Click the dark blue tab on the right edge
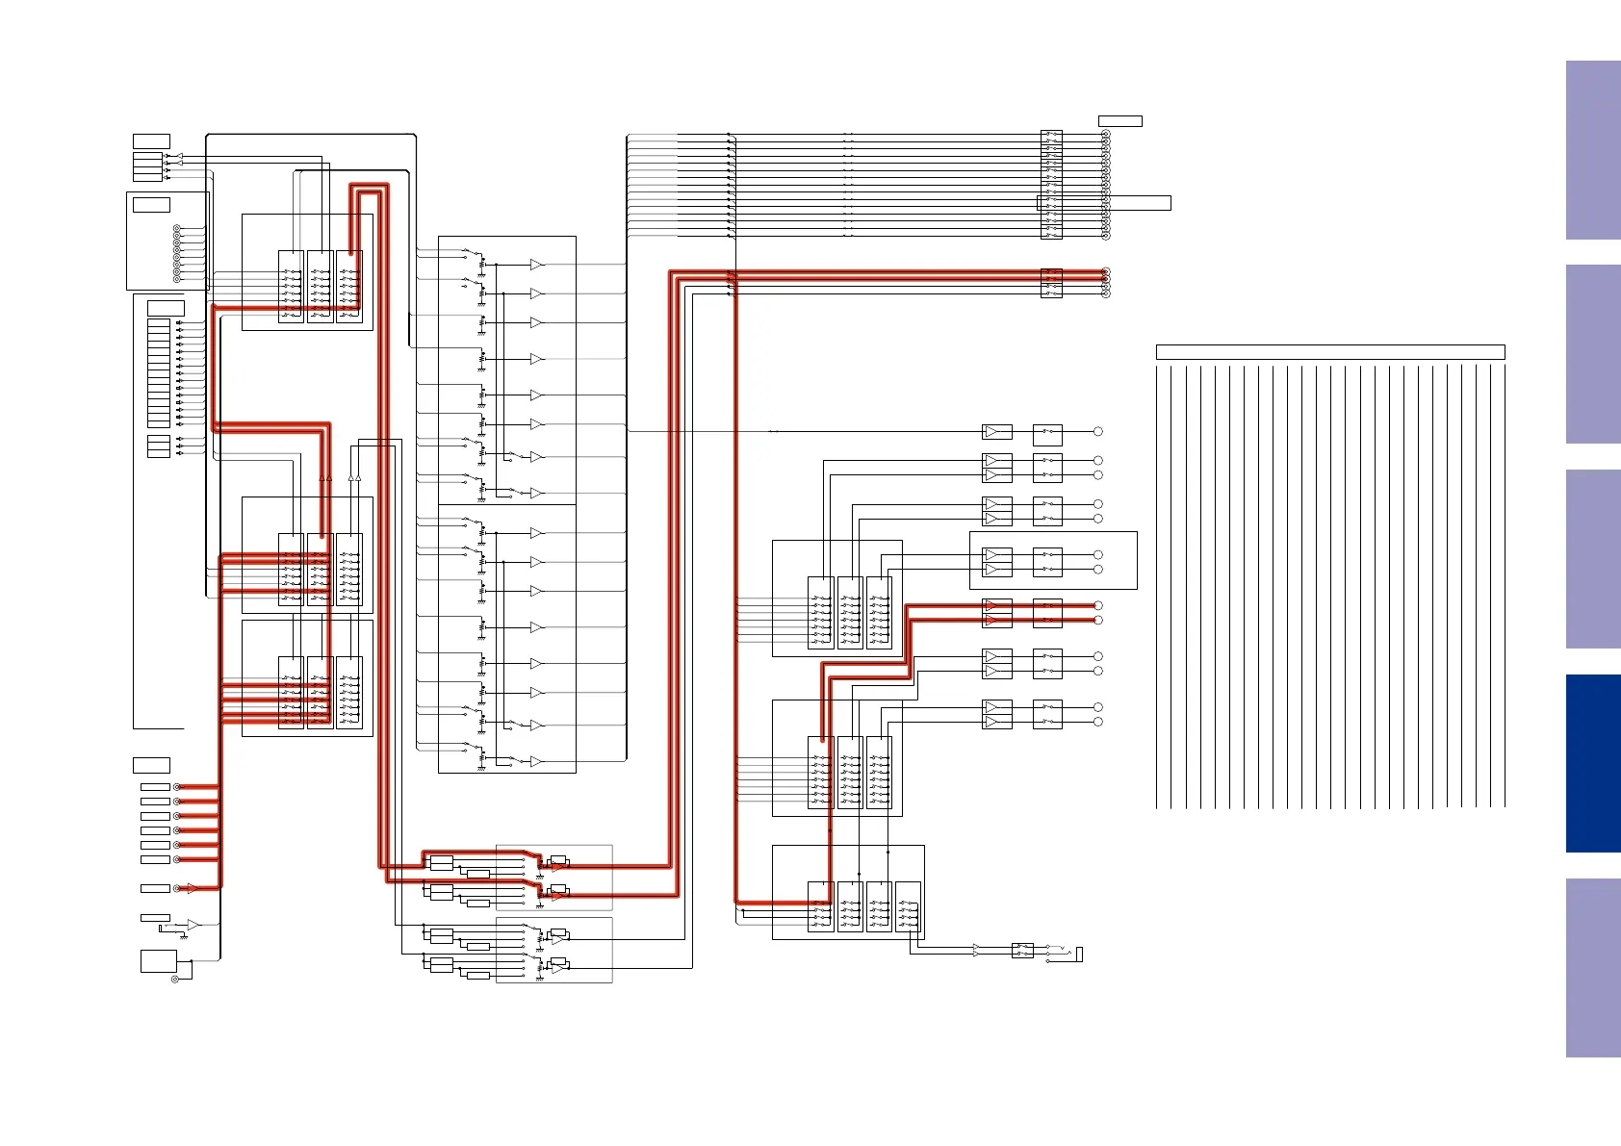(1592, 763)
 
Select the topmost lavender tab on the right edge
(1592, 150)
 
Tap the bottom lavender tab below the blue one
(1592, 967)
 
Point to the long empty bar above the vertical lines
(1329, 352)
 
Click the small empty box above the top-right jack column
(1119, 121)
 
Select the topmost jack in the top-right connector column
(1105, 135)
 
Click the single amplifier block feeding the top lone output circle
(996, 432)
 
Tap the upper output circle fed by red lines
(1097, 605)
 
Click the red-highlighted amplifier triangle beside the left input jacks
(193, 888)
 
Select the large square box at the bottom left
(159, 960)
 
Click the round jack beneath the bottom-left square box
(175, 980)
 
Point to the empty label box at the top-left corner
(151, 141)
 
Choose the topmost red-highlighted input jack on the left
(175, 787)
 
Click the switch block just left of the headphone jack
(1022, 951)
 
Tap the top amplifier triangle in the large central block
(536, 265)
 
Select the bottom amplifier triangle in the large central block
(536, 762)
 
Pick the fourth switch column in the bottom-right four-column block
(908, 906)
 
